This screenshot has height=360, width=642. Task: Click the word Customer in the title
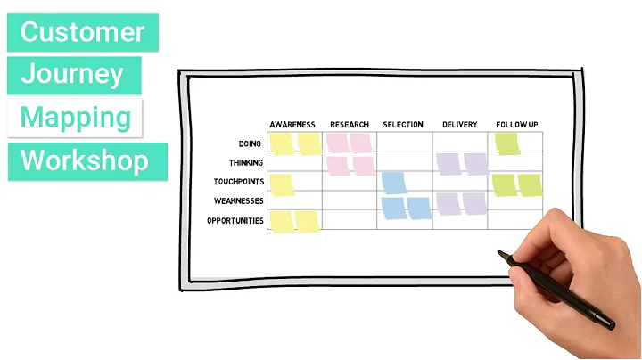(82, 32)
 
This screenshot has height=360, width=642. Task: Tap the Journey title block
(72, 75)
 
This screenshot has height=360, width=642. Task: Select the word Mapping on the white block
(76, 118)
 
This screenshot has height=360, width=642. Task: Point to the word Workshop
(84, 161)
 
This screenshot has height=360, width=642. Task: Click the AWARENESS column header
(292, 125)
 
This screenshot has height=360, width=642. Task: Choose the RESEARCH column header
(350, 125)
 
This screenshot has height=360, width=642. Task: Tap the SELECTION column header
(403, 125)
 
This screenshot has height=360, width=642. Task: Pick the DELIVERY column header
(460, 125)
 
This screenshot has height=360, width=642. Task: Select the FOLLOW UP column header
(517, 125)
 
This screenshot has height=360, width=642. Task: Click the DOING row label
(251, 143)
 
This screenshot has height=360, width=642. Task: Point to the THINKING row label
(245, 163)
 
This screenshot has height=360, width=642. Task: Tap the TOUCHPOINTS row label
(239, 182)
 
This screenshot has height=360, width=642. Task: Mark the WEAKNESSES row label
(239, 200)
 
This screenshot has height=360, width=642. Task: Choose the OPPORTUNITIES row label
(235, 220)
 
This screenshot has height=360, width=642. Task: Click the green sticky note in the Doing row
(506, 143)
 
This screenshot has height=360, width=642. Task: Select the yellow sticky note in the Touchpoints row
(282, 184)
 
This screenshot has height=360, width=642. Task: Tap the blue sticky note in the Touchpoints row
(393, 183)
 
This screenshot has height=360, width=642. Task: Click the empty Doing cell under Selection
(405, 143)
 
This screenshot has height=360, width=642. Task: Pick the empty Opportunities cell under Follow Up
(516, 220)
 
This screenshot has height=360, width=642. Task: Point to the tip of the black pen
(500, 254)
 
